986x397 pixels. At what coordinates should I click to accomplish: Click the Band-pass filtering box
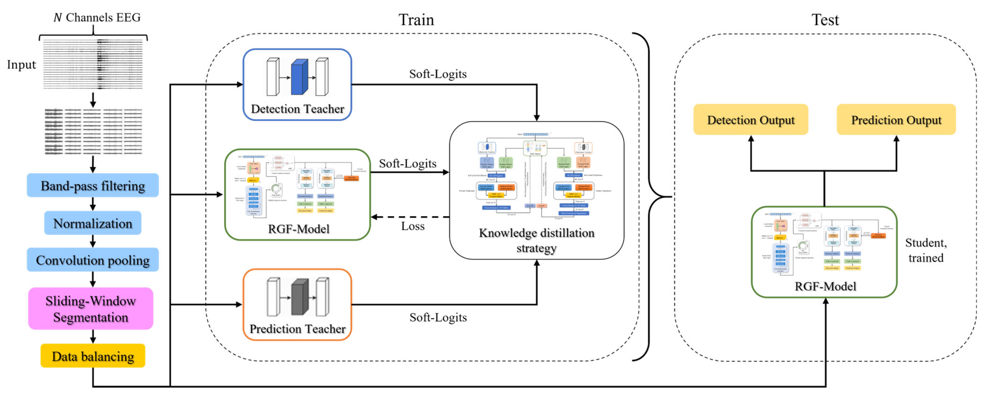click(x=93, y=186)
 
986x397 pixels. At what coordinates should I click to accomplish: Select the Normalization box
click(x=93, y=223)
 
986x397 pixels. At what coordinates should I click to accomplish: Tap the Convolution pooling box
click(x=93, y=260)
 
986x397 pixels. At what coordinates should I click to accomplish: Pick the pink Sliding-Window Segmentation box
click(x=91, y=309)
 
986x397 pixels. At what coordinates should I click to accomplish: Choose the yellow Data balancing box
click(x=93, y=356)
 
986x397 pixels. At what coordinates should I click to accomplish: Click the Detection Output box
click(x=750, y=120)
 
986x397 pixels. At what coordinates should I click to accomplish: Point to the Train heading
click(x=416, y=20)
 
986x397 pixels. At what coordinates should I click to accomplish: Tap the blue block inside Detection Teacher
click(x=299, y=77)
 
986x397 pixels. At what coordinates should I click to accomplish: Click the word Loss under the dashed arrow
click(x=413, y=226)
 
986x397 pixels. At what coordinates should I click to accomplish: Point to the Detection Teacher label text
click(x=297, y=109)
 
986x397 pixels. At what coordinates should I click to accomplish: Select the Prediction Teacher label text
click(x=297, y=329)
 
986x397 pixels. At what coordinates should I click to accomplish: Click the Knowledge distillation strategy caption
click(x=536, y=241)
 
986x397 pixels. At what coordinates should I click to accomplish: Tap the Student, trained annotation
click(x=925, y=250)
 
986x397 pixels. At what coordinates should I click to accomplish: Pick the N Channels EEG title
click(x=97, y=18)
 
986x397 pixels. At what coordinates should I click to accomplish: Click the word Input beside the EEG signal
click(x=21, y=65)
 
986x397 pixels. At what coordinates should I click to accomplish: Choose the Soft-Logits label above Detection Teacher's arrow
click(x=438, y=74)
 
